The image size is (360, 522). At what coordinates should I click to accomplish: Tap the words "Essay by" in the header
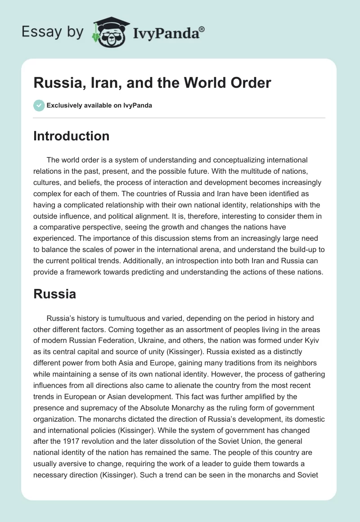(x=52, y=32)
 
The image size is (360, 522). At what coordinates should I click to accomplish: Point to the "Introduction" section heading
(x=71, y=136)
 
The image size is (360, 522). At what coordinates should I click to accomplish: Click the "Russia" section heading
(x=54, y=294)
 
